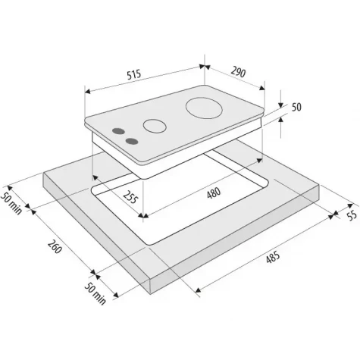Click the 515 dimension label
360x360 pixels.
133,75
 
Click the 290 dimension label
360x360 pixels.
238,73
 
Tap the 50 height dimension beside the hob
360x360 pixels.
296,107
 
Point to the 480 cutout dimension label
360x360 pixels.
214,193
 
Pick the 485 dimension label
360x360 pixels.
273,257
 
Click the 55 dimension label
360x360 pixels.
352,215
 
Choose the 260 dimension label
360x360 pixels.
55,246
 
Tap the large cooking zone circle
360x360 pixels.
204,108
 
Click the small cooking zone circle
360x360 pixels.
155,126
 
